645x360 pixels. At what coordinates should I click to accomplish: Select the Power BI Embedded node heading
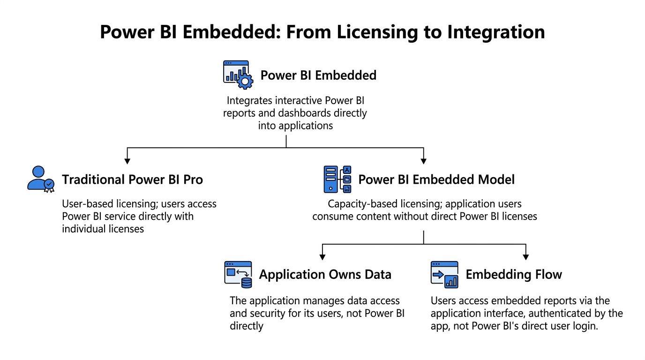pyautogui.click(x=318, y=75)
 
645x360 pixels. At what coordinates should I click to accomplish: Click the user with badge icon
pyautogui.click(x=41, y=179)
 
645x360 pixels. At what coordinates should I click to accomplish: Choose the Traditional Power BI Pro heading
pyautogui.click(x=132, y=180)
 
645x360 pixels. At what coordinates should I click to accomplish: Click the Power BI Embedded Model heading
pyautogui.click(x=436, y=180)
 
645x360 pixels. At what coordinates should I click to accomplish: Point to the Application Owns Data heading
pyautogui.click(x=325, y=274)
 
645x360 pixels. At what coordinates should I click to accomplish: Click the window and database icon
pyautogui.click(x=238, y=275)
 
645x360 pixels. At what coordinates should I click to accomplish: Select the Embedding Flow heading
pyautogui.click(x=514, y=274)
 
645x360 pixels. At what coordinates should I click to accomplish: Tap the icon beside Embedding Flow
pyautogui.click(x=444, y=274)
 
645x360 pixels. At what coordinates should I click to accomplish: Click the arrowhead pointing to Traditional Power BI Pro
pyautogui.click(x=127, y=161)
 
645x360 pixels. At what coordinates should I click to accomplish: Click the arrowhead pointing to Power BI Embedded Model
pyautogui.click(x=423, y=161)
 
